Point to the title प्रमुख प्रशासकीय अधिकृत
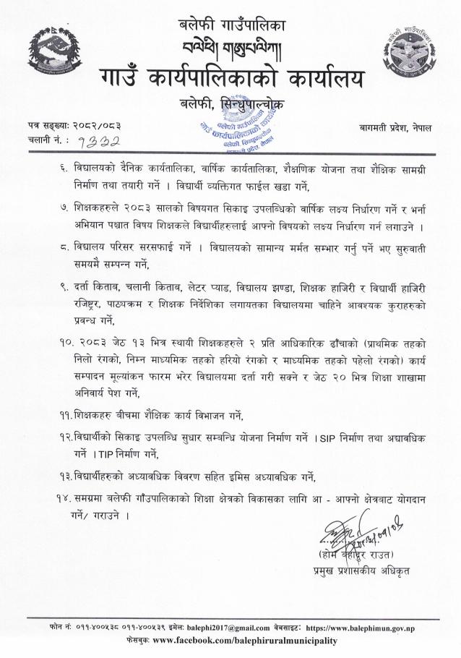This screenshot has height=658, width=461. (x=351, y=572)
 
